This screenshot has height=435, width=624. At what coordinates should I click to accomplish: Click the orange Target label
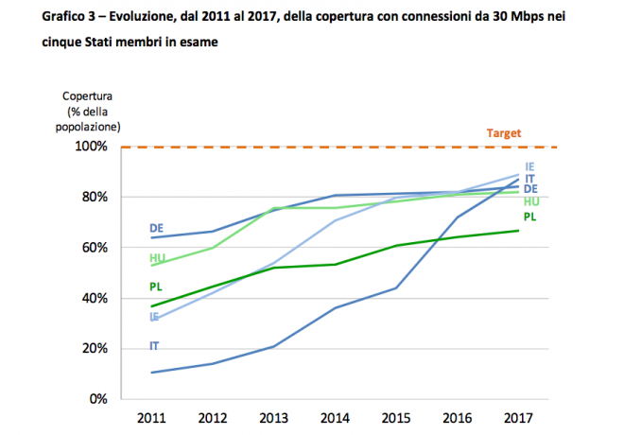pyautogui.click(x=504, y=133)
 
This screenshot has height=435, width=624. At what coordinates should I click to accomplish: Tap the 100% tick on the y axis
pyautogui.click(x=91, y=147)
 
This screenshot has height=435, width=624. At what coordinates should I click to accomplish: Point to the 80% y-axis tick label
pyautogui.click(x=94, y=197)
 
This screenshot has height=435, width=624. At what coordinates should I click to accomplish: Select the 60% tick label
pyautogui.click(x=94, y=248)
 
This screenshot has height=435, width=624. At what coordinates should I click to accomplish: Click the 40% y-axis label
pyautogui.click(x=94, y=298)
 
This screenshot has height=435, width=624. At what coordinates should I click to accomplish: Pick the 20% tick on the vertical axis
pyautogui.click(x=94, y=348)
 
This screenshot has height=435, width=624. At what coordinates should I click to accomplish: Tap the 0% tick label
pyautogui.click(x=97, y=399)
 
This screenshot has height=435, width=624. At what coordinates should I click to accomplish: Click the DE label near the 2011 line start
pyautogui.click(x=156, y=228)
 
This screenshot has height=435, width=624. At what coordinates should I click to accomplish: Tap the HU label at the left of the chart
pyautogui.click(x=157, y=258)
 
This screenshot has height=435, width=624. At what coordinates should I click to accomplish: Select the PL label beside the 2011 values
pyautogui.click(x=156, y=287)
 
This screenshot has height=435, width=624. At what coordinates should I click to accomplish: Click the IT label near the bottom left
pyautogui.click(x=154, y=346)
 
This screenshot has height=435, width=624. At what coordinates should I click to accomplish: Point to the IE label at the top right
pyautogui.click(x=530, y=166)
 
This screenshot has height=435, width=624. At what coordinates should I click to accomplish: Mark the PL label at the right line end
pyautogui.click(x=530, y=217)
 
